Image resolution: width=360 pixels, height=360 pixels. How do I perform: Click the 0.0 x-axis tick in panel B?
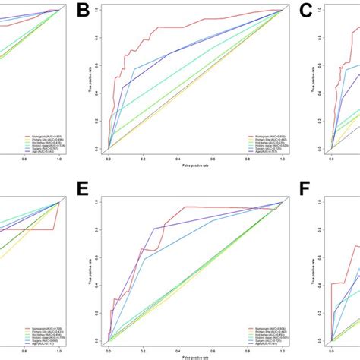click(x=109, y=159)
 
